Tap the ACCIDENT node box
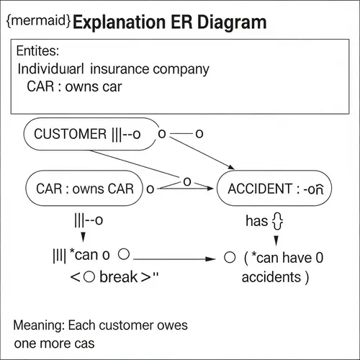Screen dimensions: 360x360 (x=274, y=189)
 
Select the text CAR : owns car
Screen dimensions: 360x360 (x=75, y=87)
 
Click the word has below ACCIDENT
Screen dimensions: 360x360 (x=257, y=220)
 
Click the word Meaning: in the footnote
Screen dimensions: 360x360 (x=38, y=325)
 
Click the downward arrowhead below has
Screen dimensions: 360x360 (x=275, y=241)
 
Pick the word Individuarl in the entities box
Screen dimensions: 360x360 (x=51, y=69)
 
